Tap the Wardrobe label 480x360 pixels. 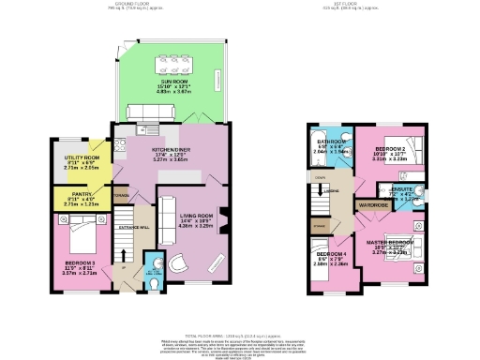pyautogui.click(x=373, y=203)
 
